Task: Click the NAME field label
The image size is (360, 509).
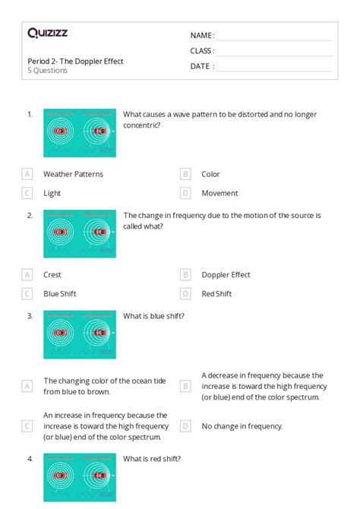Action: pyautogui.click(x=202, y=36)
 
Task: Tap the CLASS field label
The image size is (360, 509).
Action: pyautogui.click(x=202, y=51)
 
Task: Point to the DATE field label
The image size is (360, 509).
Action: pyautogui.click(x=202, y=66)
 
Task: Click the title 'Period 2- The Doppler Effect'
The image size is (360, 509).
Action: pyautogui.click(x=75, y=61)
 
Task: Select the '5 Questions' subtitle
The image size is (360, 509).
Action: pyautogui.click(x=48, y=71)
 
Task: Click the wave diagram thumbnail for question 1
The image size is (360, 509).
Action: pyautogui.click(x=80, y=132)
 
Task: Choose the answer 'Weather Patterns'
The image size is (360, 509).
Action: pyautogui.click(x=73, y=174)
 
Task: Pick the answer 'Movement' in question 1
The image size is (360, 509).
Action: pyautogui.click(x=219, y=193)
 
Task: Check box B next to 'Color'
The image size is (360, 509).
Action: pyautogui.click(x=185, y=174)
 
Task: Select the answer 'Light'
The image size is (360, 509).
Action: pyautogui.click(x=52, y=193)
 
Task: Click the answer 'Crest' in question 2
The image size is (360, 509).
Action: pyautogui.click(x=52, y=274)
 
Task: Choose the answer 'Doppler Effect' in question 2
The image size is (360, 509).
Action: pyautogui.click(x=226, y=274)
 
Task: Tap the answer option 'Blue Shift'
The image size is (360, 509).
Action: pyautogui.click(x=59, y=293)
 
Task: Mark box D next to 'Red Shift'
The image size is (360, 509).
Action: pyautogui.click(x=185, y=293)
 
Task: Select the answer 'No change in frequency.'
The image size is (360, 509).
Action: pyautogui.click(x=242, y=426)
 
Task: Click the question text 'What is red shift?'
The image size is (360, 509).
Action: pyautogui.click(x=152, y=459)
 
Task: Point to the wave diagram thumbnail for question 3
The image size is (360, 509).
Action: pyautogui.click(x=80, y=334)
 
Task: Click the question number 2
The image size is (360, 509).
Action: pyautogui.click(x=30, y=216)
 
